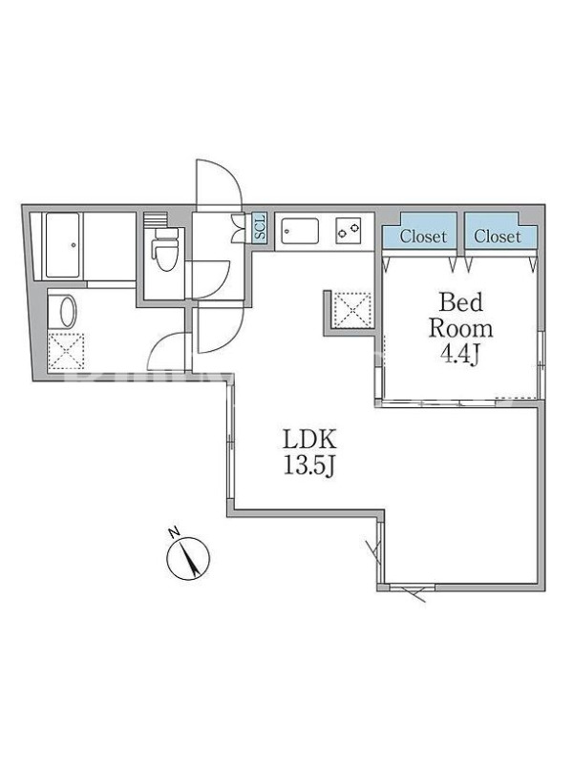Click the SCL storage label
pos(261,227)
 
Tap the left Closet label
pos(423,237)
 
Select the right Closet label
pos(498,237)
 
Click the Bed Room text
pos(461,316)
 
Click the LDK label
pos(309,440)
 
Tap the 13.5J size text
pos(309,467)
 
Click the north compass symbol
pos(188,558)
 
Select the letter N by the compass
pos(174,532)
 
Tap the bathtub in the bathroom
pos(62,245)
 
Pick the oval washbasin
pos(67,312)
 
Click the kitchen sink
pos(301,232)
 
